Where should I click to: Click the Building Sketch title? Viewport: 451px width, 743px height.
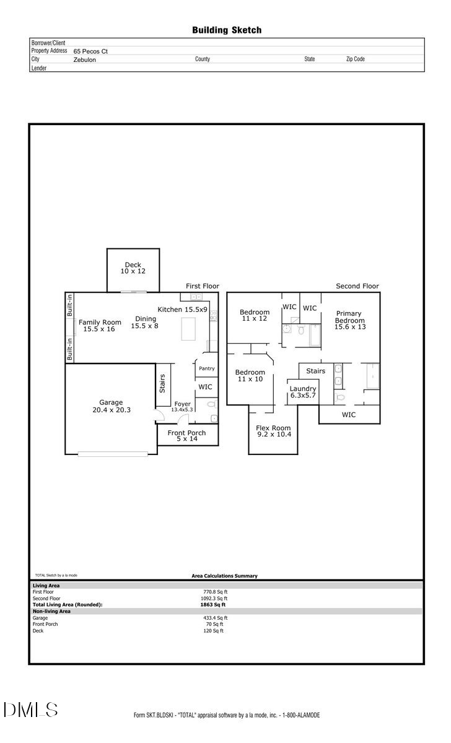pos(226,30)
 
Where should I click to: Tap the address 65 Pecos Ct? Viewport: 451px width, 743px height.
pos(90,51)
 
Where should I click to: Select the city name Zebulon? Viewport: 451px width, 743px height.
pos(85,60)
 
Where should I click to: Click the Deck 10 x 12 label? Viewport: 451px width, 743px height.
pos(133,268)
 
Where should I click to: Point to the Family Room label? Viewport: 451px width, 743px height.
pos(99,326)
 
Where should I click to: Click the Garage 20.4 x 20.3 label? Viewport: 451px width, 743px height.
pos(111,406)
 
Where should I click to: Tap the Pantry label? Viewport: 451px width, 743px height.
pos(207,368)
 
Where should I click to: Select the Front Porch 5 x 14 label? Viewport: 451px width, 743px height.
pos(188,436)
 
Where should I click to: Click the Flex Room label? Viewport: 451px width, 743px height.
pos(273,432)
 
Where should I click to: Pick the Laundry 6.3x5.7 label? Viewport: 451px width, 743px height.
pos(303,392)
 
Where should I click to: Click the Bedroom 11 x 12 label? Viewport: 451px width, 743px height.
pos(255,315)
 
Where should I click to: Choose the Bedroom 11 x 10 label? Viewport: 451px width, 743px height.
pos(250,375)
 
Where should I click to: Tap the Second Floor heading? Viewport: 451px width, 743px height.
pos(357,286)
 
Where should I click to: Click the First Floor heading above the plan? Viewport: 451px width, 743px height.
pos(203,286)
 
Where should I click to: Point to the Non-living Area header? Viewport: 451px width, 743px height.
pos(51,611)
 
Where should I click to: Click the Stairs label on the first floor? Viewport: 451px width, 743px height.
pos(163,384)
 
